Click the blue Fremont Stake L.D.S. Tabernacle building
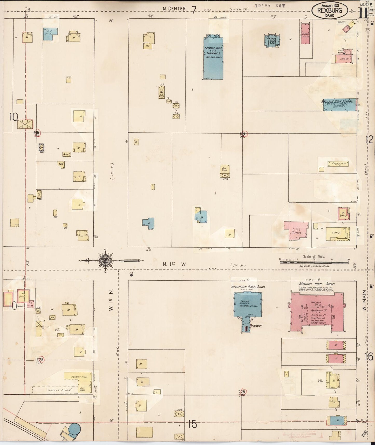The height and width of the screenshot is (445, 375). [213, 58]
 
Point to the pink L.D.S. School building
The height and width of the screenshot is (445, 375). [296, 230]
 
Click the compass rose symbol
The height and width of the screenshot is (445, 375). [105, 260]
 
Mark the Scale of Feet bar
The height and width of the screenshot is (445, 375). [315, 262]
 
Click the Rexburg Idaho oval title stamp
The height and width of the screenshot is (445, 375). [330, 10]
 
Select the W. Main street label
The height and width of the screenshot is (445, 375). [365, 300]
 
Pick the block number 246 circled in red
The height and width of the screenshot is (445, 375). [243, 134]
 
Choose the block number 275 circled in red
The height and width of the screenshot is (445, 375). [40, 360]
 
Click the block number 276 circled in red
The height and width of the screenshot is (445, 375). [242, 392]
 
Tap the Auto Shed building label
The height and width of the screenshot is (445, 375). [224, 169]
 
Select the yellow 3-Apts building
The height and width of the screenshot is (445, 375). [337, 233]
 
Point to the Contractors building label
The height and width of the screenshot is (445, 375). [338, 164]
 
